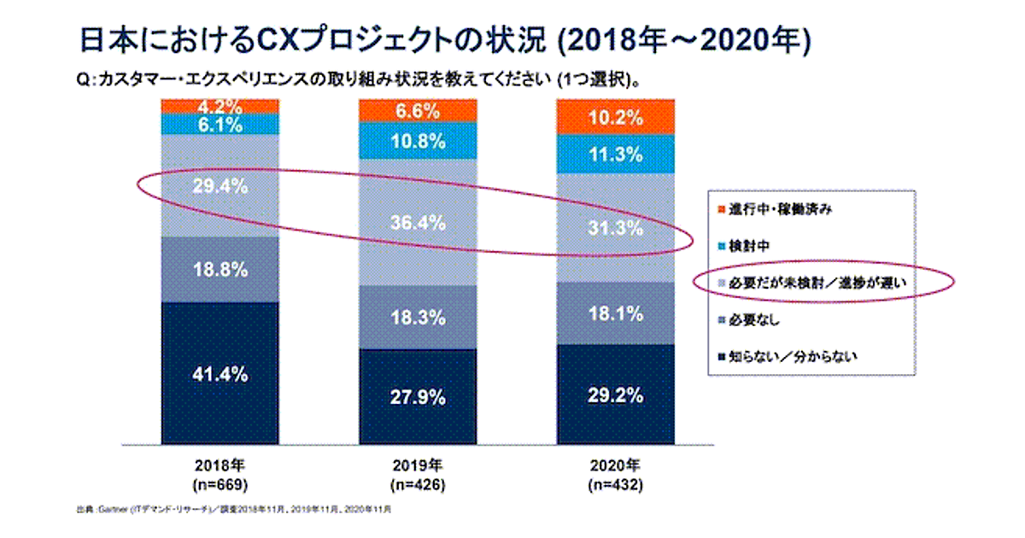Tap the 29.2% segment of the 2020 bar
pyautogui.click(x=615, y=394)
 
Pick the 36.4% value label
pyautogui.click(x=418, y=224)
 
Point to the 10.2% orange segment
pyautogui.click(x=615, y=118)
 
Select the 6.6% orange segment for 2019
pyautogui.click(x=418, y=111)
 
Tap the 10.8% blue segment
pyautogui.click(x=418, y=140)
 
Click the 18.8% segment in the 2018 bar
pyautogui.click(x=220, y=270)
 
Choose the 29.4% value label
pyautogui.click(x=220, y=187)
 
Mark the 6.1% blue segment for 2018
pyautogui.click(x=220, y=125)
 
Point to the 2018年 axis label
pyautogui.click(x=220, y=467)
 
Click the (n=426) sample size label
pyautogui.click(x=418, y=486)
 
